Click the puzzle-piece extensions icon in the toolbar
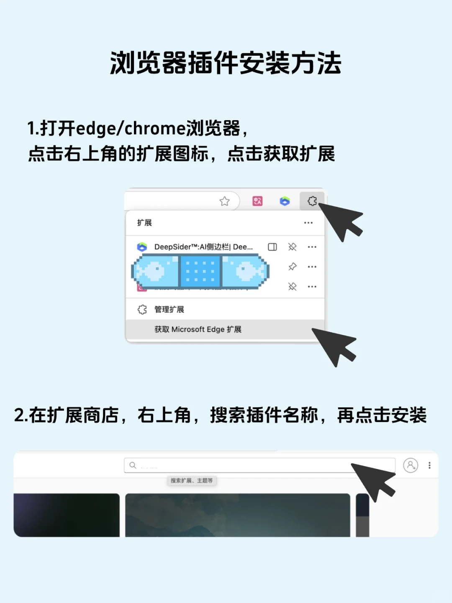[x=312, y=201]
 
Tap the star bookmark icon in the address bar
[x=225, y=201]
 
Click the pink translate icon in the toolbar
[x=257, y=201]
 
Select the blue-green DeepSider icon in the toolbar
[x=285, y=201]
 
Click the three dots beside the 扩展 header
[x=308, y=223]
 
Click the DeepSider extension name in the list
[x=203, y=247]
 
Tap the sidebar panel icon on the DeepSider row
[x=272, y=247]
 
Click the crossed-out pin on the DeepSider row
[x=293, y=247]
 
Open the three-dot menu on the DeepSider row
[x=312, y=247]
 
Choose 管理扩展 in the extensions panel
[x=169, y=309]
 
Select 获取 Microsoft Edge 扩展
[x=198, y=330]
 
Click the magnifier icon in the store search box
[x=133, y=465]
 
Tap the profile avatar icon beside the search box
[x=411, y=465]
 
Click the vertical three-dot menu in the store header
[x=429, y=465]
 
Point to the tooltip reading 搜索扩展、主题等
[x=192, y=481]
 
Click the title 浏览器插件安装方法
[x=226, y=64]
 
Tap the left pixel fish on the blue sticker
[x=155, y=271]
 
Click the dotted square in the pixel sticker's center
[x=200, y=271]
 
